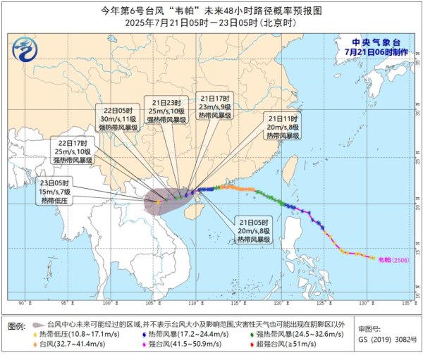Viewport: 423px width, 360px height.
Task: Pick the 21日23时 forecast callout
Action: (166, 110)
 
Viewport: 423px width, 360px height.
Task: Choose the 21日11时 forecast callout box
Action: (283, 125)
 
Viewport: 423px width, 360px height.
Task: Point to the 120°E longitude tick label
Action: (280, 304)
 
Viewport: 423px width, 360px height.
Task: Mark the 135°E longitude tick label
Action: (407, 304)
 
